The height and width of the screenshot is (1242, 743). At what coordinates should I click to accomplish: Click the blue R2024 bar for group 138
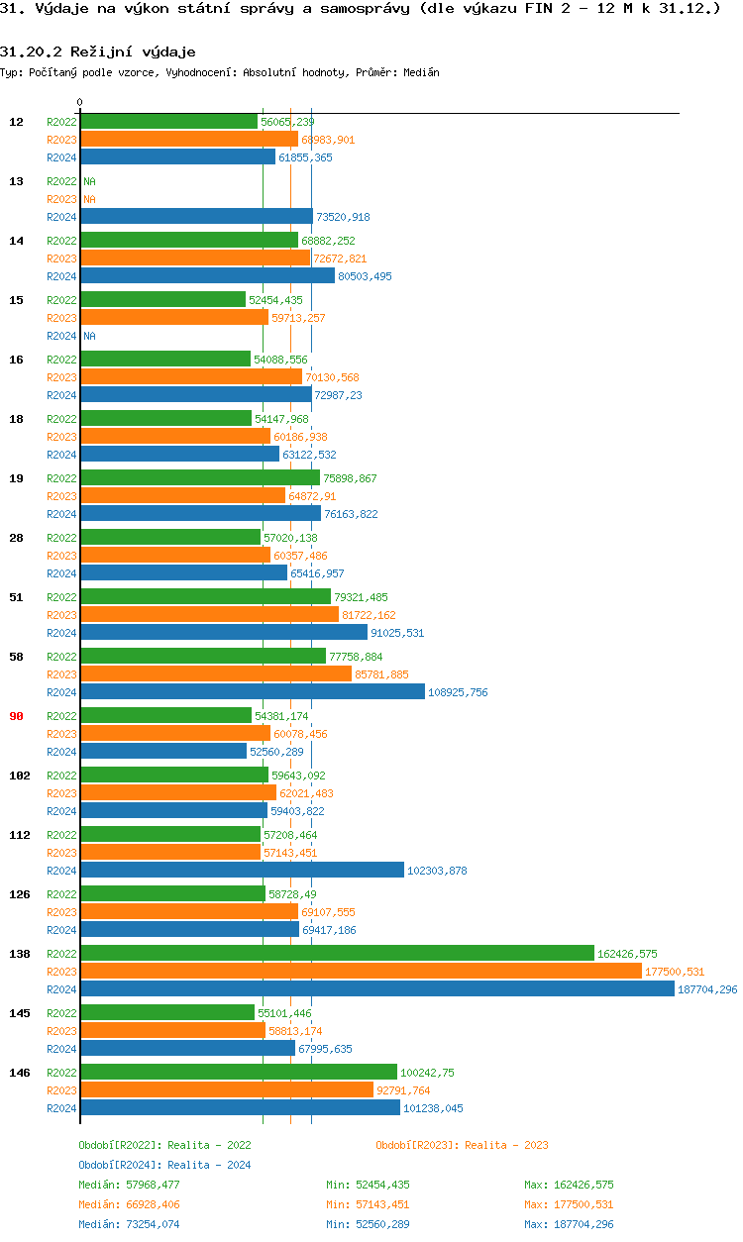(376, 988)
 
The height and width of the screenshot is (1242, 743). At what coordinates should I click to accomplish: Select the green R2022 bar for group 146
(238, 1072)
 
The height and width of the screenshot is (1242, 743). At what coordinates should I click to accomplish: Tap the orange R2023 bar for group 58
(215, 673)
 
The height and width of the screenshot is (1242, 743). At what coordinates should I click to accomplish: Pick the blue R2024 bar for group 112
(242, 870)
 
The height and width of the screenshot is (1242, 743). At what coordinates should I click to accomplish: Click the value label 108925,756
(458, 692)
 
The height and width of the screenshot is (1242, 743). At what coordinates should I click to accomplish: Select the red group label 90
(17, 716)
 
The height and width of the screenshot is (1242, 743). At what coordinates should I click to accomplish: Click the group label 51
(17, 597)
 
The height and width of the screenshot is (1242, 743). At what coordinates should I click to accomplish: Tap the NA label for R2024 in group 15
(89, 336)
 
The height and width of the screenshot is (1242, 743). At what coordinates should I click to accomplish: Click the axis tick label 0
(80, 102)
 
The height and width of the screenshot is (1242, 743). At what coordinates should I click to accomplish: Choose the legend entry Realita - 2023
(462, 1145)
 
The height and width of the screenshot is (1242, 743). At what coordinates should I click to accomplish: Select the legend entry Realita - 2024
(164, 1165)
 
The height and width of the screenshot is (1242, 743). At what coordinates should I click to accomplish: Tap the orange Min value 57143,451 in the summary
(368, 1204)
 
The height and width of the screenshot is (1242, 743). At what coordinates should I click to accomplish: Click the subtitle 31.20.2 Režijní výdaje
(97, 52)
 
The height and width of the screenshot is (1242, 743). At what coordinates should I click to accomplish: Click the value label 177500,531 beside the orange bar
(675, 972)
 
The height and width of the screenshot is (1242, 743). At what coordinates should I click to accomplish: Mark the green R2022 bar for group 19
(199, 477)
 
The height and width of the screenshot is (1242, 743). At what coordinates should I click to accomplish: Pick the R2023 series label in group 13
(61, 199)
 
